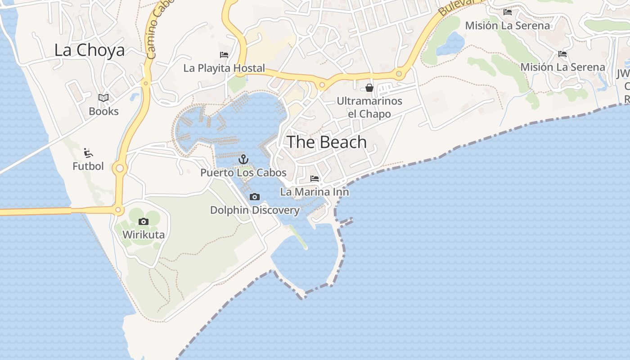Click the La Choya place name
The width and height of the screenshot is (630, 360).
click(x=89, y=50)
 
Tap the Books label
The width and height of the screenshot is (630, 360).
click(x=103, y=111)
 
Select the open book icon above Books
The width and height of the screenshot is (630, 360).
click(x=103, y=98)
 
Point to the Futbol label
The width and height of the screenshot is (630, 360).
click(x=88, y=166)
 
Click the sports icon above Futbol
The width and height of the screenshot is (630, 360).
click(x=88, y=153)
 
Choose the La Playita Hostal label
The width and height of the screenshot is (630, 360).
click(x=224, y=68)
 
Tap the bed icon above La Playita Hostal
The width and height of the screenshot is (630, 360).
click(x=224, y=55)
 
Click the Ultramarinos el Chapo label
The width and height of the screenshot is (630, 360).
click(x=369, y=107)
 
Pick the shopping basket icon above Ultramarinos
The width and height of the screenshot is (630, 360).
click(x=369, y=88)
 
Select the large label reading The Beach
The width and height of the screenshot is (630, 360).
click(x=327, y=142)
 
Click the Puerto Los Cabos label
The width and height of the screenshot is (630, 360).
click(x=243, y=172)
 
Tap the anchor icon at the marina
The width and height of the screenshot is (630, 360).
click(x=243, y=159)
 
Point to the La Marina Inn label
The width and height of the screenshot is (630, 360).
click(x=315, y=192)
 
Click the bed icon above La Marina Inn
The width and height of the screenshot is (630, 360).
click(x=315, y=179)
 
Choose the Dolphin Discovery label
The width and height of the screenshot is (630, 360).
click(x=255, y=210)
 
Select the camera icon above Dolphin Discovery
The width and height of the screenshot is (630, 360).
click(x=255, y=197)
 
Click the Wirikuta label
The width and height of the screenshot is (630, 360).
click(x=144, y=234)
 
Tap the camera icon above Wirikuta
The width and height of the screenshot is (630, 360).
click(x=144, y=221)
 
